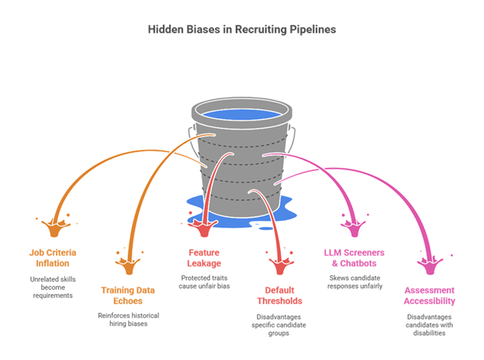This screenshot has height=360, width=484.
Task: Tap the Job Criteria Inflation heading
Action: [x=59, y=258]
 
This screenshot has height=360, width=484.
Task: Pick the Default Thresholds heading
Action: [x=280, y=296]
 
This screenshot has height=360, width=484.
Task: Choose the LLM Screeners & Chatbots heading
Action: [x=354, y=258]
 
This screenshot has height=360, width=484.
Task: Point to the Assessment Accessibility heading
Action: [x=428, y=296]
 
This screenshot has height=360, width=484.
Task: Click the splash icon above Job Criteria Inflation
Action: [x=58, y=227]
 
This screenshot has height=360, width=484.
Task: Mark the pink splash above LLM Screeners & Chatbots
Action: [x=354, y=227]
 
